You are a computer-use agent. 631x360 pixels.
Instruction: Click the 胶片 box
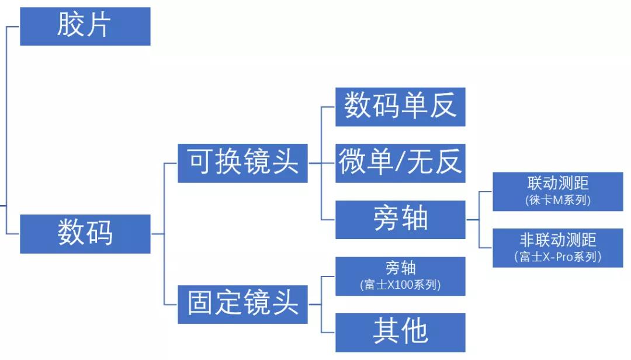click(85, 26)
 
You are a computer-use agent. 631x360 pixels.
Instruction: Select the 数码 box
click(85, 234)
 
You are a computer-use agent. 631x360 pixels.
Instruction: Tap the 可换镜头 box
click(242, 163)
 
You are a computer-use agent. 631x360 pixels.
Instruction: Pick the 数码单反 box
click(400, 106)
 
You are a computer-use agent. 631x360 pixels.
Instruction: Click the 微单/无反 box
click(400, 163)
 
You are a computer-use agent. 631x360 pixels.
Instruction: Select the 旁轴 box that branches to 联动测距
click(400, 220)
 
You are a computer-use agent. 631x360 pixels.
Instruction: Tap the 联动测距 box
click(557, 191)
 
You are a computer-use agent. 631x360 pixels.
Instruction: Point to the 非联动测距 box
click(557, 248)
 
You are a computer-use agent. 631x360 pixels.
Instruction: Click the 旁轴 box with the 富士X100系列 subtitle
click(400, 276)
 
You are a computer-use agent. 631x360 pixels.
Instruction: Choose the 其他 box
click(400, 333)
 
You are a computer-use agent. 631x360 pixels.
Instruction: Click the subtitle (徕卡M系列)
click(557, 200)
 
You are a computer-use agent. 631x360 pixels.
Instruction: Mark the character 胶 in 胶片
click(70, 26)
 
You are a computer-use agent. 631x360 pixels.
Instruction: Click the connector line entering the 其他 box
click(328, 333)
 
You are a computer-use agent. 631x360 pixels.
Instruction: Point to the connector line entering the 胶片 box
click(13, 26)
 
